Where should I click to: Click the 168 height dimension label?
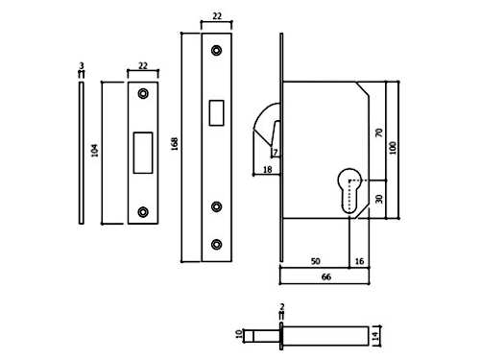tap(175, 144)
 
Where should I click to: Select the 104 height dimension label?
tap(95, 151)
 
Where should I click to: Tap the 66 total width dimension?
tap(325, 276)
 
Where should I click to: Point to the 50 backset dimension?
tap(315, 261)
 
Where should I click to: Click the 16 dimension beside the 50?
tap(359, 261)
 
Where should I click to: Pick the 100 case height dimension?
tap(393, 148)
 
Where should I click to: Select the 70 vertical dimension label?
tap(379, 132)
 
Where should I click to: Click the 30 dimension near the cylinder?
tap(379, 199)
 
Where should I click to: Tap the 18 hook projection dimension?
tap(267, 170)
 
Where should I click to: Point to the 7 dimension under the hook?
tap(276, 153)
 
